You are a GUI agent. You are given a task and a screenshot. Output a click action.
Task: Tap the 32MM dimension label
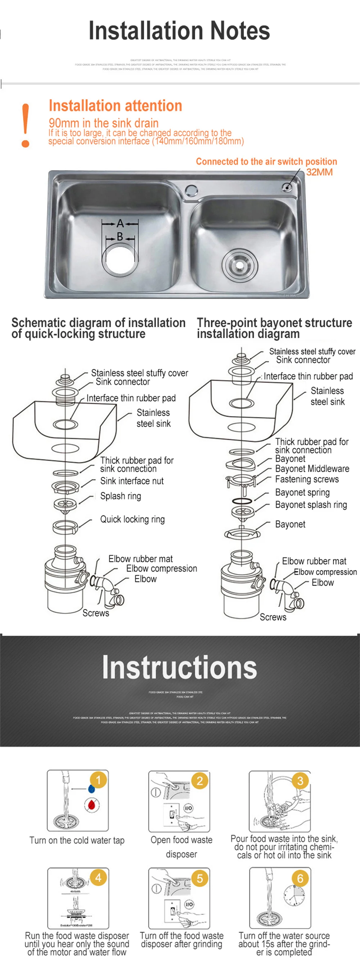click(319, 172)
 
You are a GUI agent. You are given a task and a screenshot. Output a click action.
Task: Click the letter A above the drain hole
click(120, 224)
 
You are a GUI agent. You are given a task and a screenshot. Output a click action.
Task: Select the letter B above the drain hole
click(120, 237)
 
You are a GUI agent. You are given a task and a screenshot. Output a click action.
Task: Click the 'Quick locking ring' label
click(132, 519)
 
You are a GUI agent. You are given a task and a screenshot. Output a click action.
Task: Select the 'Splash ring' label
click(121, 496)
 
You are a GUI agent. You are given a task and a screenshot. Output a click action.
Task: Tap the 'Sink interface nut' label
click(132, 481)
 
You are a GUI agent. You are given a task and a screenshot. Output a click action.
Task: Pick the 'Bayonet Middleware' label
click(312, 469)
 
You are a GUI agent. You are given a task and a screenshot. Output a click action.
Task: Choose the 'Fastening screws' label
click(307, 479)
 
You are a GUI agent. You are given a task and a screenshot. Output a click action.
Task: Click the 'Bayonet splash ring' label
click(311, 505)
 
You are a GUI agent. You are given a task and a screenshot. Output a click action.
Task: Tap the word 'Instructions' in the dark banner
click(179, 667)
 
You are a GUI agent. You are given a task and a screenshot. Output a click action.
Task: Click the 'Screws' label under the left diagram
click(96, 613)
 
